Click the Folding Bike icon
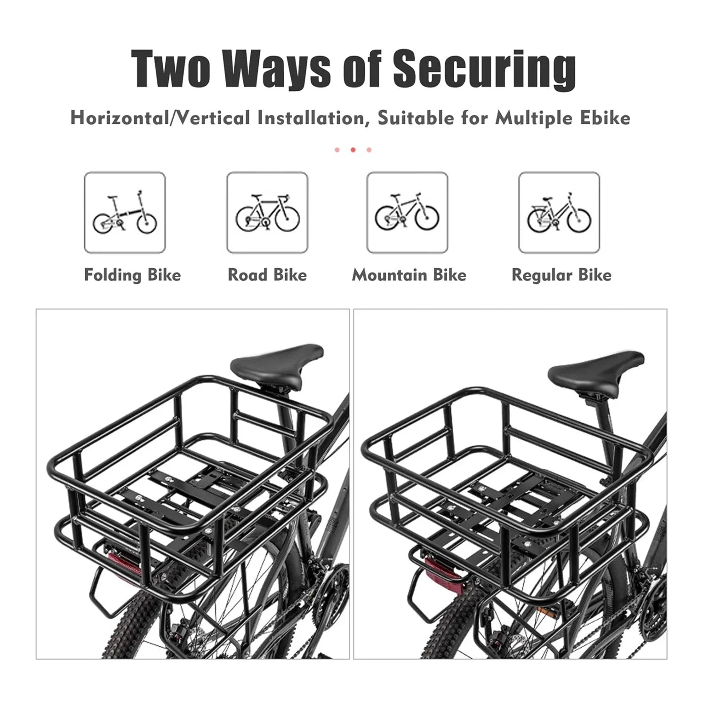click(125, 212)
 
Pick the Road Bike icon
click(267, 212)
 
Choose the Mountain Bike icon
click(407, 212)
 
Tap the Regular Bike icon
click(559, 212)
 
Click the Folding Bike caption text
click(132, 275)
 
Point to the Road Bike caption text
click(267, 275)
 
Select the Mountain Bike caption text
click(409, 275)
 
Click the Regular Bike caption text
click(562, 275)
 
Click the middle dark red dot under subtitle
click(353, 150)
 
